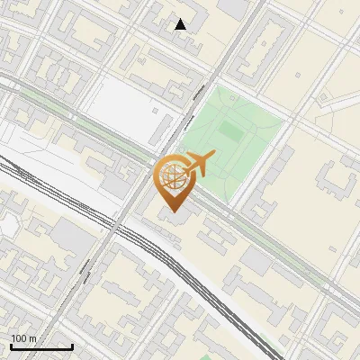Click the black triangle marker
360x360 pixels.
(181, 24)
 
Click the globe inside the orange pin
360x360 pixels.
(172, 176)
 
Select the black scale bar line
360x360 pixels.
(41, 346)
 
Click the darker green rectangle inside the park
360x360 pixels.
(230, 134)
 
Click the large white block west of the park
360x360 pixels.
(126, 103)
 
